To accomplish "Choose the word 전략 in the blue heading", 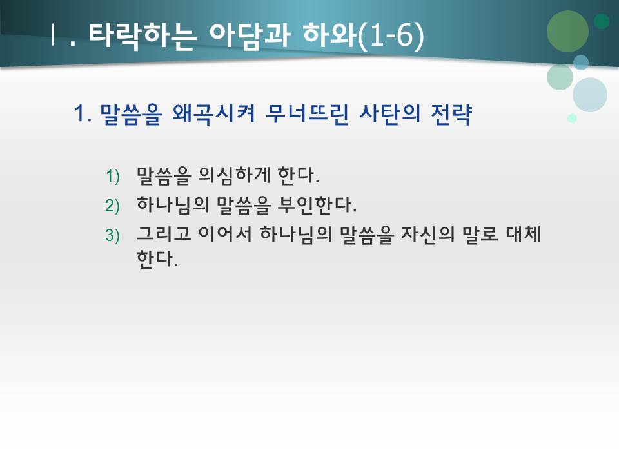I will tap(451, 116).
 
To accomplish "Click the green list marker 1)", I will tap(113, 176).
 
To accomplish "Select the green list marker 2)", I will tap(113, 206).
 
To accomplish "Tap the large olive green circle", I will tap(567, 31).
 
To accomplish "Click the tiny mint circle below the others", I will tap(572, 119).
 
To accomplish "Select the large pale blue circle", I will tap(589, 95).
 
